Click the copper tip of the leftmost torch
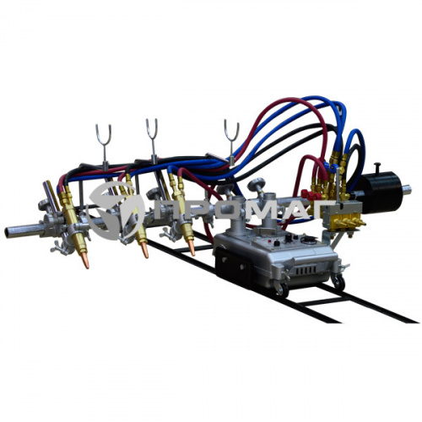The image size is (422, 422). pos(85,262)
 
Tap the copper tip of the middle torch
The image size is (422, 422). pos(144,251)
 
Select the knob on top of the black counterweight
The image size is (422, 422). pos(377,168)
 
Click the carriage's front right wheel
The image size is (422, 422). pos(339,282)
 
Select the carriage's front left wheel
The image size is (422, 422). pos(282,289)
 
